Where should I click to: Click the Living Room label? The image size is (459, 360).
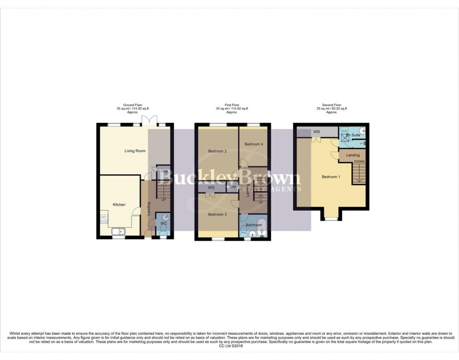click(135, 151)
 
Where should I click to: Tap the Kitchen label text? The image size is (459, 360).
click(119, 205)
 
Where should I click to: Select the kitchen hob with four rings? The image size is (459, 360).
click(104, 218)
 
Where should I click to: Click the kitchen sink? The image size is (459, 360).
click(118, 231)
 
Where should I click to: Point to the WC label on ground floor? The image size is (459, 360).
click(163, 223)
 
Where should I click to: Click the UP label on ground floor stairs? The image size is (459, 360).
click(163, 200)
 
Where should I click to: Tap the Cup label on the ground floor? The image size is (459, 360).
click(164, 171)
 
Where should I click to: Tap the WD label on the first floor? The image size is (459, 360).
click(211, 188)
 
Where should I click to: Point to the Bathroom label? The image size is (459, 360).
click(253, 225)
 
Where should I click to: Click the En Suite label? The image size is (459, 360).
click(353, 135)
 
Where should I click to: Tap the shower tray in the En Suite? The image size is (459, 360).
click(346, 137)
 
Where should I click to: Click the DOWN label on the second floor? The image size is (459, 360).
click(359, 162)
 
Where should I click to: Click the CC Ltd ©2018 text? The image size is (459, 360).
click(229, 346)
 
